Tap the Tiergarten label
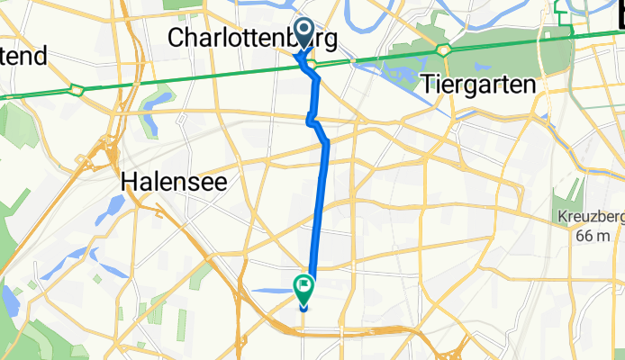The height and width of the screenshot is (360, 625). (x=477, y=83)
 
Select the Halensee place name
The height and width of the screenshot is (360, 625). (x=174, y=182)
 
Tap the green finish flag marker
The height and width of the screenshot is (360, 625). (x=304, y=287)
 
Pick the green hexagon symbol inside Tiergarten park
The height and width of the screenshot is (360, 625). (x=444, y=48)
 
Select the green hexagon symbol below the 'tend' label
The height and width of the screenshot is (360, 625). (x=76, y=89)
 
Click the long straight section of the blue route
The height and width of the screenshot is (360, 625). (x=319, y=207)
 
